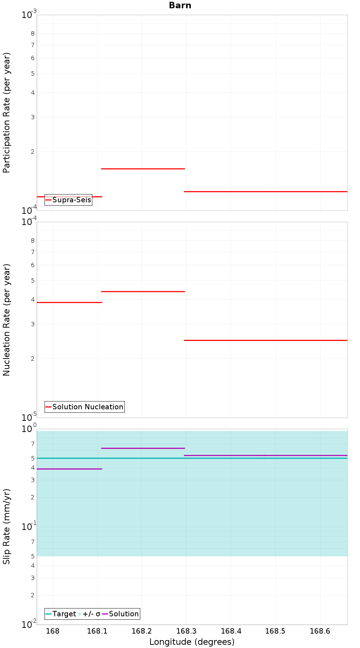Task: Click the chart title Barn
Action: [180, 5]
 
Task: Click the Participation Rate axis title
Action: [7, 113]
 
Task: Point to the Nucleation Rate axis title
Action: [7, 320]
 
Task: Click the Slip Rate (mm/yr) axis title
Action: [7, 526]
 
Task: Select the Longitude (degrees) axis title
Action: [192, 642]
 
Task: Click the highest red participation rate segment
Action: [143, 168]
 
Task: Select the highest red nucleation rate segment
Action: [143, 292]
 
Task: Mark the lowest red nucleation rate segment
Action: [266, 340]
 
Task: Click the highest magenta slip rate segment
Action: [143, 448]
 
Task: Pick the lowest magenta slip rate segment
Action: [69, 469]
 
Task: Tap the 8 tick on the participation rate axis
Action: [33, 33]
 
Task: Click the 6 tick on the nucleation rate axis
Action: [33, 265]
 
